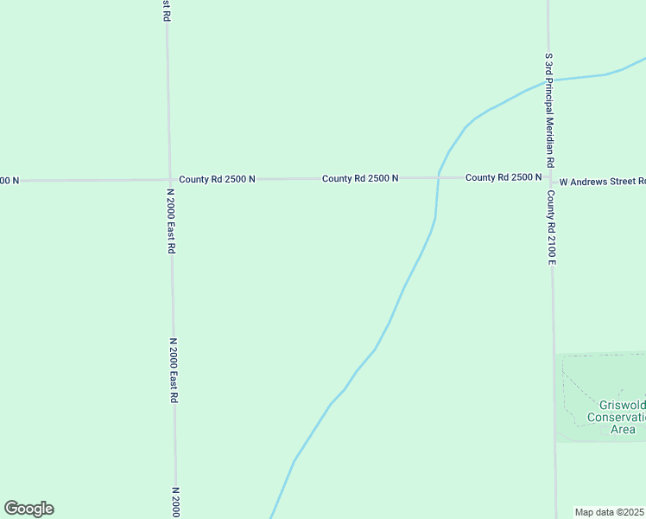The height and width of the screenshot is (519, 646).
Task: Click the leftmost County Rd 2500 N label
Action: point(218,179)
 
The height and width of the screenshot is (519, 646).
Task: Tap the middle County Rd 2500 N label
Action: point(360,178)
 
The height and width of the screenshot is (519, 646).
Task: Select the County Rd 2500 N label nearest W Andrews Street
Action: point(503,177)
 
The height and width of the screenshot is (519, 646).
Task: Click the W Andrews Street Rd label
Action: point(602,182)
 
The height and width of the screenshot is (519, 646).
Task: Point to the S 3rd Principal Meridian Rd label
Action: point(548,109)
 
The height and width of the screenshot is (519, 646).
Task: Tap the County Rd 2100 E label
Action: point(551,227)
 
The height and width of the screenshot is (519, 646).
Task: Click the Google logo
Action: point(28,509)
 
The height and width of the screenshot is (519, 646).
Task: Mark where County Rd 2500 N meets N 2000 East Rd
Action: point(169,180)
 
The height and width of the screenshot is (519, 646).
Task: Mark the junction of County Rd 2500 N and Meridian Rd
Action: point(549,178)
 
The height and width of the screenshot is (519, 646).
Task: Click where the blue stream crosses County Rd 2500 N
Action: point(439,177)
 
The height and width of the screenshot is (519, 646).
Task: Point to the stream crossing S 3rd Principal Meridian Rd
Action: point(548,81)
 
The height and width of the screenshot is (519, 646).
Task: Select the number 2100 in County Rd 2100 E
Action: point(551,236)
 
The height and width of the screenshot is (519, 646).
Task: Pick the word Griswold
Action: point(621,405)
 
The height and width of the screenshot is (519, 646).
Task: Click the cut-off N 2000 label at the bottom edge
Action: point(174,502)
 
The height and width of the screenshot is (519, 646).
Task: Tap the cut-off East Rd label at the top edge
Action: point(167,10)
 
